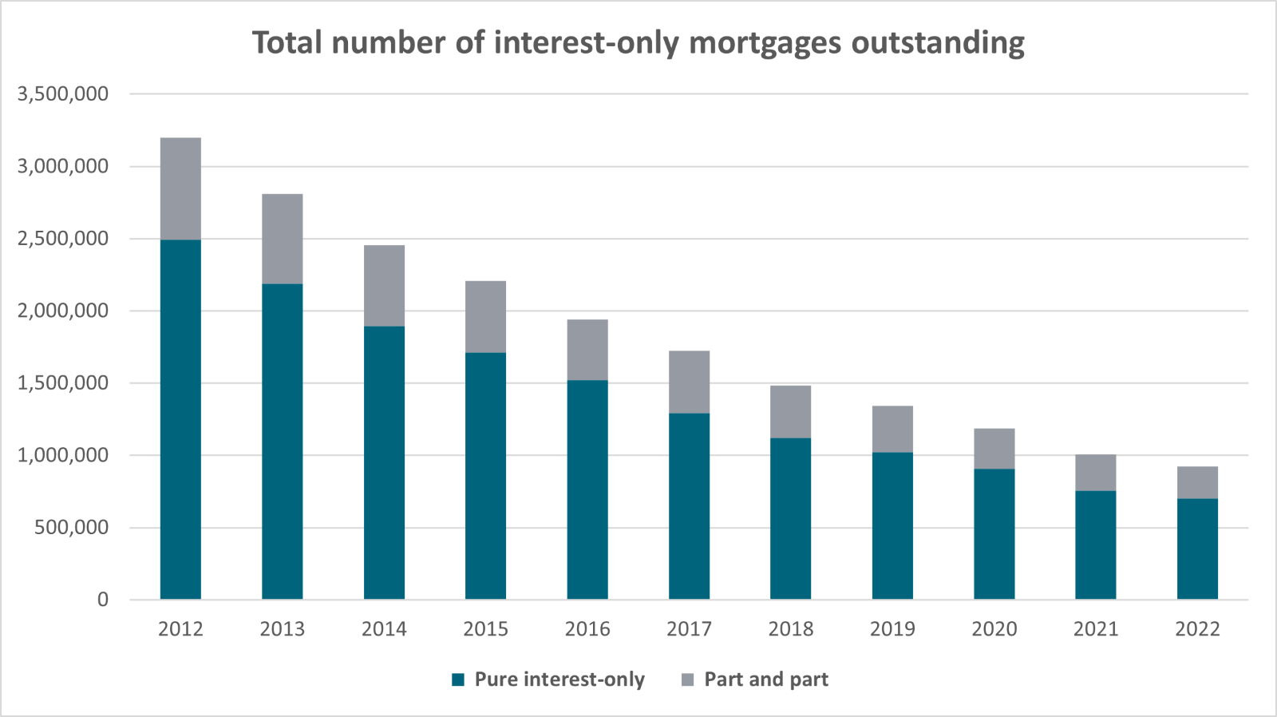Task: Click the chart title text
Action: (638, 42)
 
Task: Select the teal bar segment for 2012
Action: (180, 419)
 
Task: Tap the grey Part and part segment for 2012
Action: (180, 188)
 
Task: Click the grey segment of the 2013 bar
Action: (283, 239)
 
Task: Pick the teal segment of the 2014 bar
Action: (384, 462)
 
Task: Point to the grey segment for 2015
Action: (485, 317)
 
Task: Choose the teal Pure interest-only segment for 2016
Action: (587, 489)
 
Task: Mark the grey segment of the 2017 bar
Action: (689, 382)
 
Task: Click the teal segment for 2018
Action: (790, 518)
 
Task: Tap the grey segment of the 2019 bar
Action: (892, 429)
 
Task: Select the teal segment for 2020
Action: (994, 533)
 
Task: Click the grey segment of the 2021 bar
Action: (1095, 473)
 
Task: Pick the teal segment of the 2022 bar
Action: (1197, 549)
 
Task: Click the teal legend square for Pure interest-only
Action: (458, 679)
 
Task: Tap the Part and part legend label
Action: (765, 679)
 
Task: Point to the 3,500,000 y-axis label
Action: (63, 94)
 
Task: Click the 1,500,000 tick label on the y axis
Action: (63, 383)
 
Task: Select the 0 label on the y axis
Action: (102, 600)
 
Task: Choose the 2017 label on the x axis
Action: (689, 629)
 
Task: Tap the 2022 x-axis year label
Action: (1197, 629)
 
